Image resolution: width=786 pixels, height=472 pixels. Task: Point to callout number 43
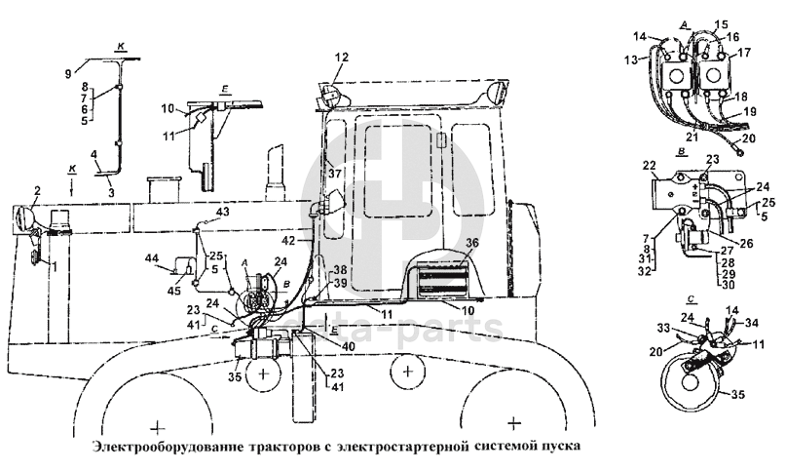[223, 213]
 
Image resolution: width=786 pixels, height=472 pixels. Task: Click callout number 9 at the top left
[68, 73]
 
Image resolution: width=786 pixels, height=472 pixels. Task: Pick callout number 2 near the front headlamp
[37, 190]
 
